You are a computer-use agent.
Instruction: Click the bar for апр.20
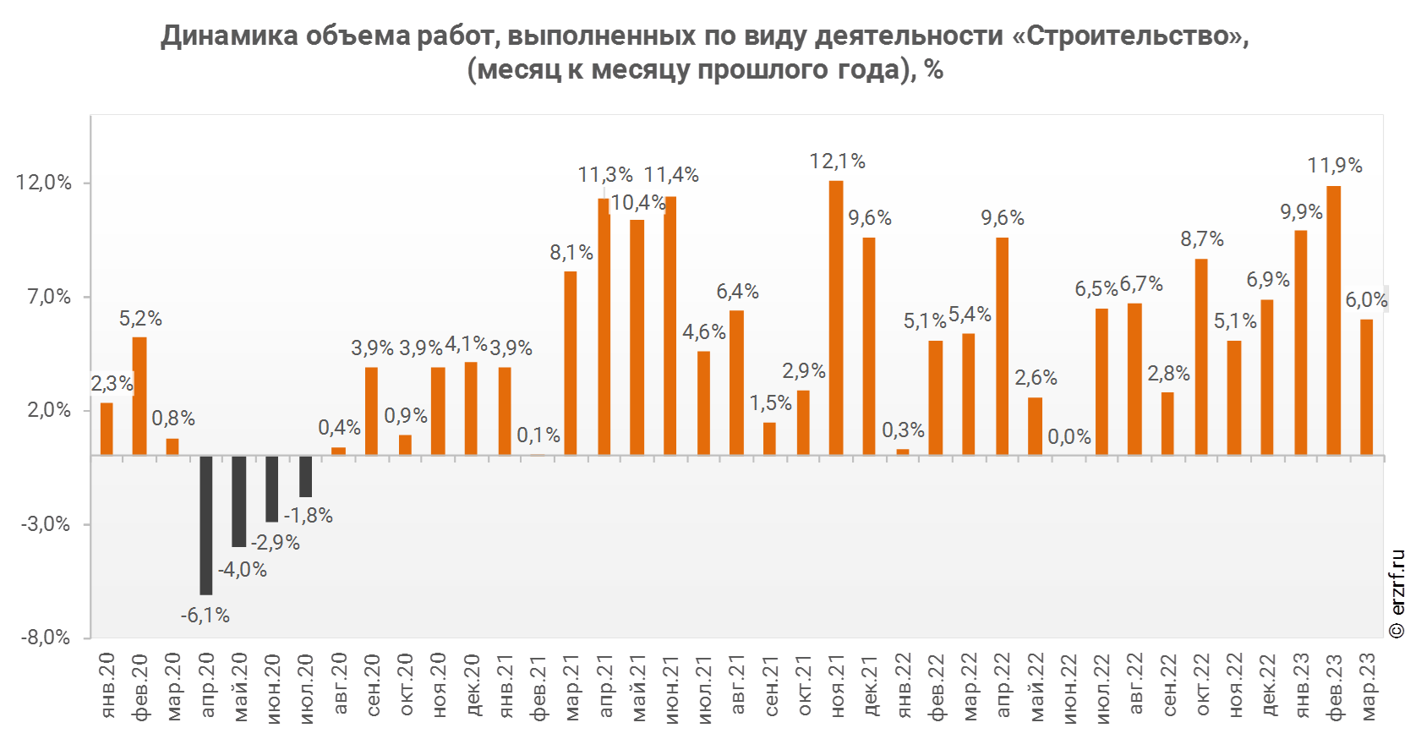click(206, 524)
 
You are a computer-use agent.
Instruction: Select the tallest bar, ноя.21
click(836, 317)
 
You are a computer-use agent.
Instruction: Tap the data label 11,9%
click(1335, 166)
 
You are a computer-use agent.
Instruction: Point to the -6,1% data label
click(205, 616)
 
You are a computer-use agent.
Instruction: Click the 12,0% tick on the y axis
click(44, 183)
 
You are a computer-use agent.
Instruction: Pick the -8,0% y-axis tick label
click(46, 638)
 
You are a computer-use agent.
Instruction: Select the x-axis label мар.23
click(1368, 687)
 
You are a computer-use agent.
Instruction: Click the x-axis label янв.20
click(107, 687)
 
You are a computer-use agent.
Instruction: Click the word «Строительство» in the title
click(1125, 36)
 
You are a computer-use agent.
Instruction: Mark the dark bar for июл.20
click(305, 476)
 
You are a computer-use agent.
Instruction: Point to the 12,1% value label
click(837, 161)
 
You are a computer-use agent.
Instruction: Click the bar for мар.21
click(571, 363)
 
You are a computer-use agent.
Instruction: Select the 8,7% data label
click(1202, 239)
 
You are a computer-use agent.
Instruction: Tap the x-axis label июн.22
click(1069, 687)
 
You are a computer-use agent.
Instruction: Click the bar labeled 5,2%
click(139, 396)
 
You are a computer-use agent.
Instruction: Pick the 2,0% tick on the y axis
click(49, 410)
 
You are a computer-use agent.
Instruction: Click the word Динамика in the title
click(229, 36)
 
